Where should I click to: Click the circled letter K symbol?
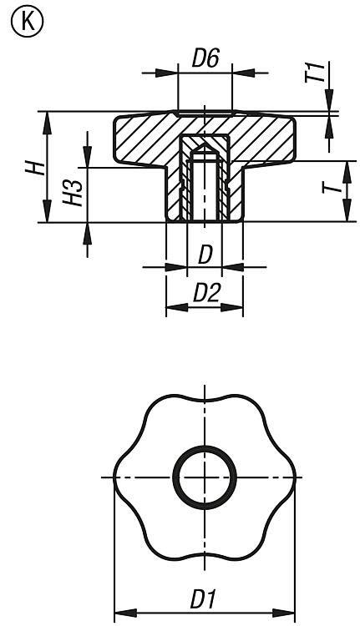pyautogui.click(x=28, y=22)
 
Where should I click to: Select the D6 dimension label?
pyautogui.click(x=205, y=58)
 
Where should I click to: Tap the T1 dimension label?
pyautogui.click(x=313, y=72)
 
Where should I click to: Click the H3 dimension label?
pyautogui.click(x=73, y=193)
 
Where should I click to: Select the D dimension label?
pyautogui.click(x=205, y=255)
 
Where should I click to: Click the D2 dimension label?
pyautogui.click(x=206, y=294)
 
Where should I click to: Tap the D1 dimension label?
pyautogui.click(x=203, y=599)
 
